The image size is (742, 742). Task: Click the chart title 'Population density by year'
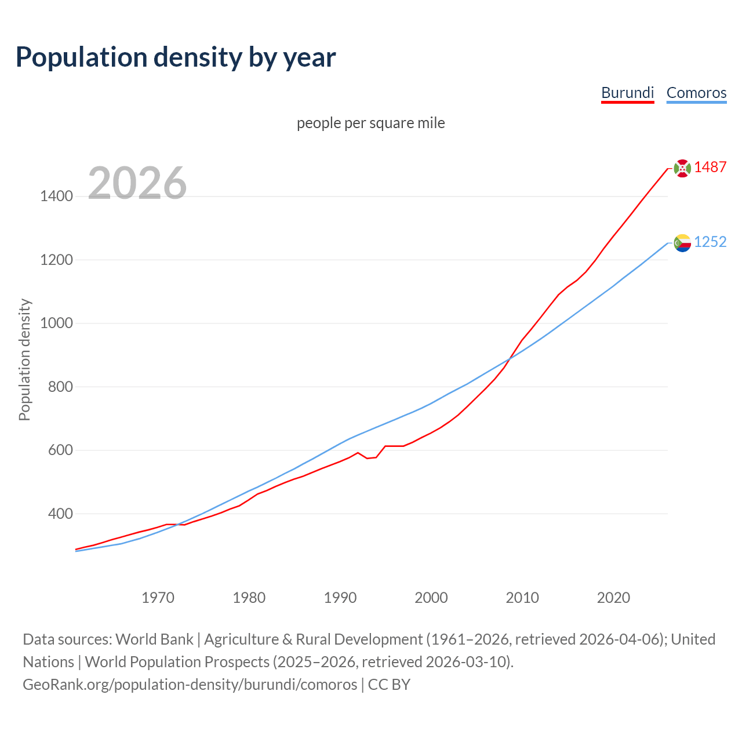pos(176,57)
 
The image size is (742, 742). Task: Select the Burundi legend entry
pos(627,93)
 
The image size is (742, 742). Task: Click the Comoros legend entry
pos(696,93)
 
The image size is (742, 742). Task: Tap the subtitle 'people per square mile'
pos(370,123)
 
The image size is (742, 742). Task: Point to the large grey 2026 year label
pos(137,183)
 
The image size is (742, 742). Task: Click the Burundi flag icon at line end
pos(682,168)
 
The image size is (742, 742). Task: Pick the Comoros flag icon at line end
pos(682,243)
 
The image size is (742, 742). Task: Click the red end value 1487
pos(710,167)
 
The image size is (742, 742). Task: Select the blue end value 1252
pos(710,242)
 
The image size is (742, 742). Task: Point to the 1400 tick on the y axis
pos(56,197)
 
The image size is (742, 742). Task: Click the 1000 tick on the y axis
pos(56,323)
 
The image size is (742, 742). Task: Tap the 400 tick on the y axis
pos(60,514)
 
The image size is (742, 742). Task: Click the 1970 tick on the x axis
pos(158,598)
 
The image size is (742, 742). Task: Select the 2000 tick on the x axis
pos(431,598)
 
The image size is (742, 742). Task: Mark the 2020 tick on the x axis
pos(613,598)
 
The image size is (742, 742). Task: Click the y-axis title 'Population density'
pos(24,359)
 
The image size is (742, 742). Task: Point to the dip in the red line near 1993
pos(368,458)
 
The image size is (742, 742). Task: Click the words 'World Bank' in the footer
pos(154,639)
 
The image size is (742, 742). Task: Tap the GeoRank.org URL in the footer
pos(190,685)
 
